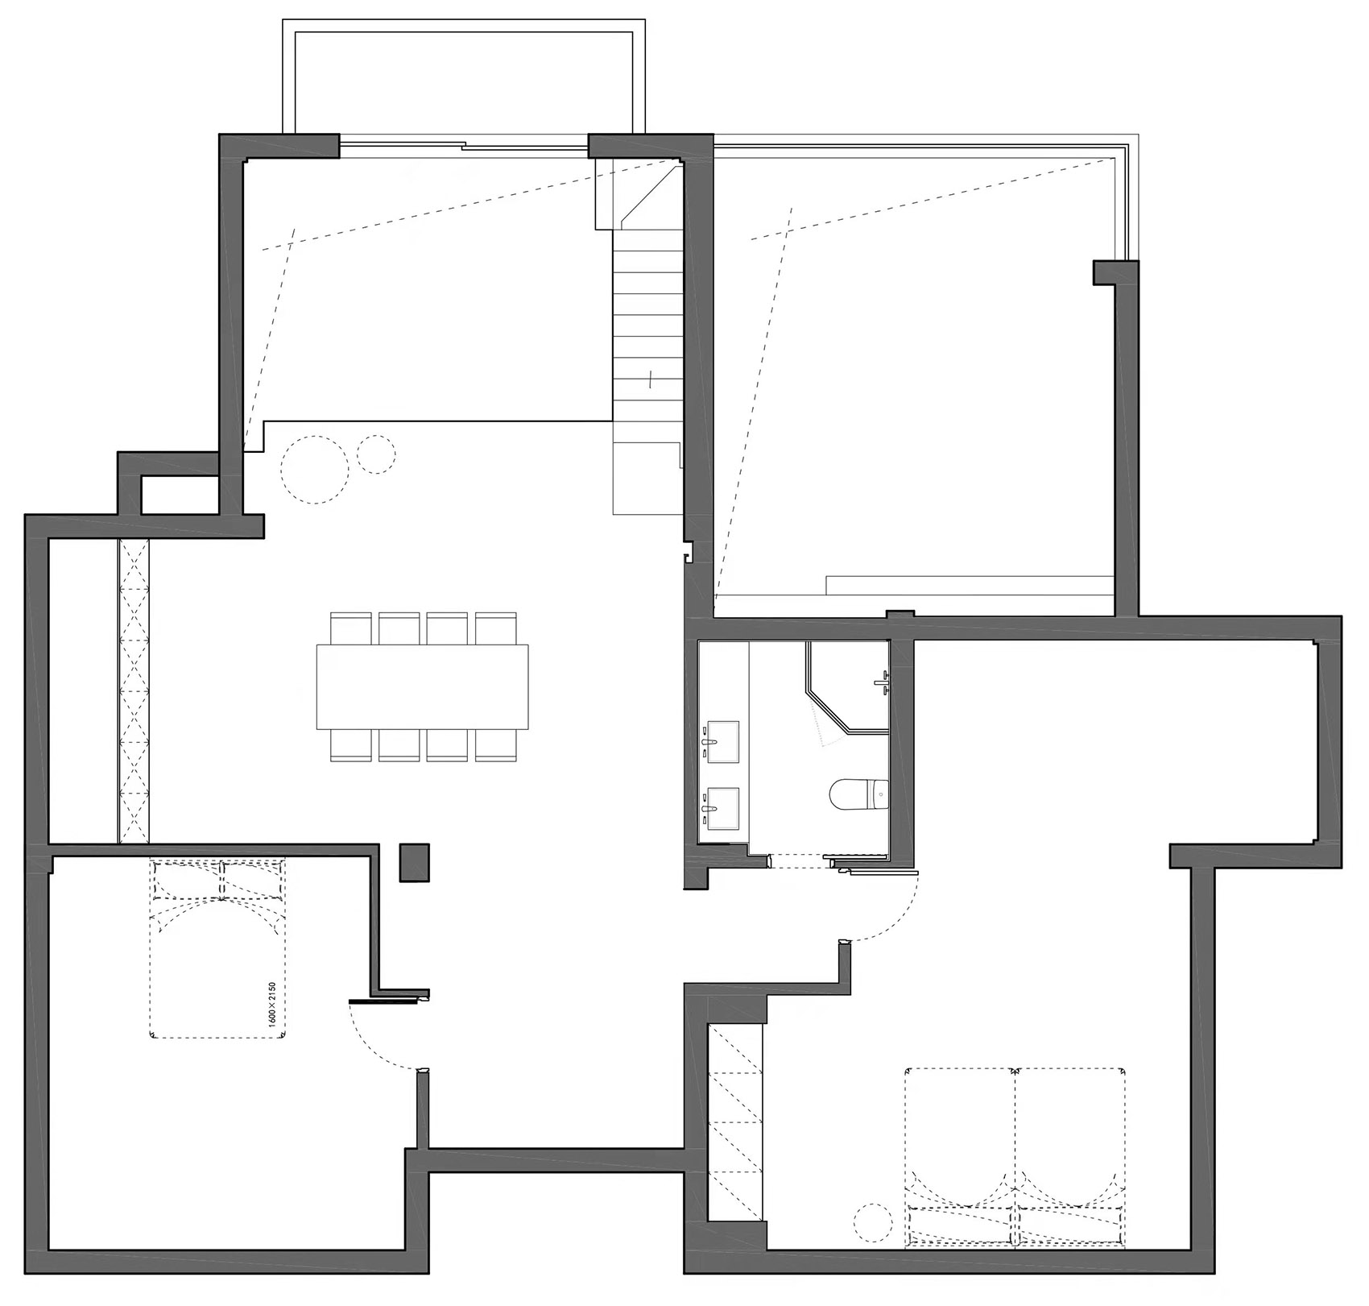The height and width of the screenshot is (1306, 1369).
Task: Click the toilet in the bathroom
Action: click(x=858, y=795)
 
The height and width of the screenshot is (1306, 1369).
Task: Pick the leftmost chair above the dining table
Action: click(x=351, y=628)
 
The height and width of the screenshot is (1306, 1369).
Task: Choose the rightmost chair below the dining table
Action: click(x=495, y=745)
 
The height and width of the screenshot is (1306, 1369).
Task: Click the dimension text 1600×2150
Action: click(x=272, y=1003)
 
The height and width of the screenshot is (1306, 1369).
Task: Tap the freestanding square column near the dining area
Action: click(x=415, y=863)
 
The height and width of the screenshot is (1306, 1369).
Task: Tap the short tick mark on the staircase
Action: click(x=650, y=379)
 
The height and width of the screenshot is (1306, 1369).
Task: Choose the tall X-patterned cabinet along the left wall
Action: click(x=134, y=690)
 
